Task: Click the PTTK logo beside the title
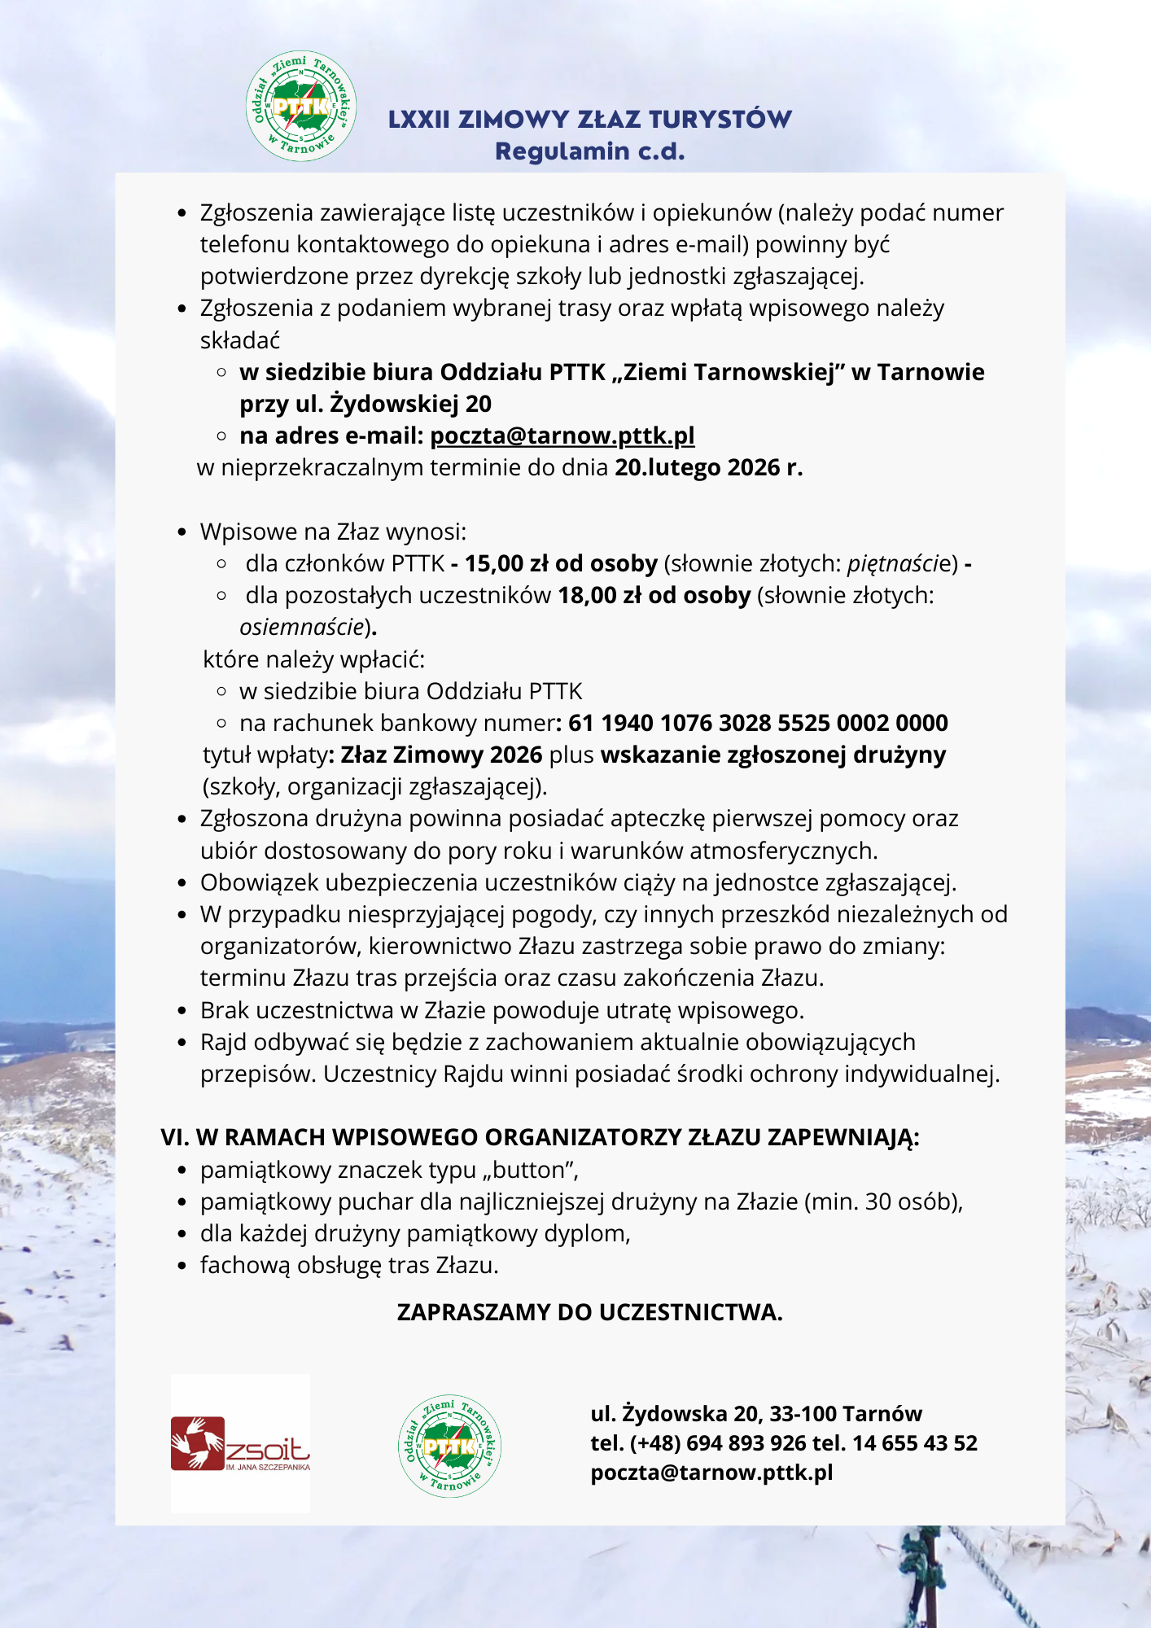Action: coord(301,106)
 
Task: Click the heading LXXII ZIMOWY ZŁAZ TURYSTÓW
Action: coord(590,119)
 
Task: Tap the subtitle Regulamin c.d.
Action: coord(590,151)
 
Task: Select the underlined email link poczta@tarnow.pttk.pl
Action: coord(562,436)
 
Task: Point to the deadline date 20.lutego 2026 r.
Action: coord(709,468)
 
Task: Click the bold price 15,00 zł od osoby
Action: coord(561,563)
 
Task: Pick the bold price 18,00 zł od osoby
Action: coord(654,596)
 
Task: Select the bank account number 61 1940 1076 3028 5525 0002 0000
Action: coord(758,723)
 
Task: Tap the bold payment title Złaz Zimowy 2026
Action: coord(441,755)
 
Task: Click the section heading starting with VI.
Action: coord(540,1137)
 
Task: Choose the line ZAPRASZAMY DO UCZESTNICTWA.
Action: coord(590,1312)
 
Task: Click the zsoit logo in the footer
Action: coord(240,1444)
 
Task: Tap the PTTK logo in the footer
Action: coord(449,1446)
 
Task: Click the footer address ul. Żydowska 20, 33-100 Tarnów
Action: coord(756,1414)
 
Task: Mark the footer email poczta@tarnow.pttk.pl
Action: coord(711,1473)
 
